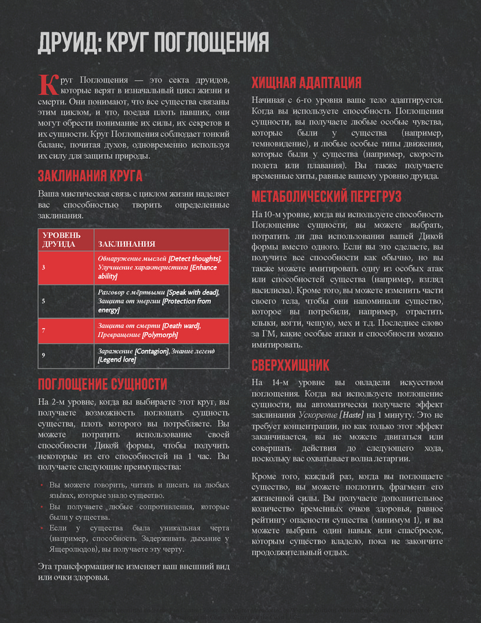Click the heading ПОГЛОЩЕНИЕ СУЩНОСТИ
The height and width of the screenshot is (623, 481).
(x=102, y=384)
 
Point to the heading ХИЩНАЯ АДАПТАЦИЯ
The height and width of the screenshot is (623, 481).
(x=306, y=83)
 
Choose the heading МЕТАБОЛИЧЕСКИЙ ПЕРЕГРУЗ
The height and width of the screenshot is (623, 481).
(x=326, y=197)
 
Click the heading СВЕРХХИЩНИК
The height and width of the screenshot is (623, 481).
(x=291, y=364)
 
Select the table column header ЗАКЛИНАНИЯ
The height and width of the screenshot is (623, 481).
(x=127, y=244)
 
